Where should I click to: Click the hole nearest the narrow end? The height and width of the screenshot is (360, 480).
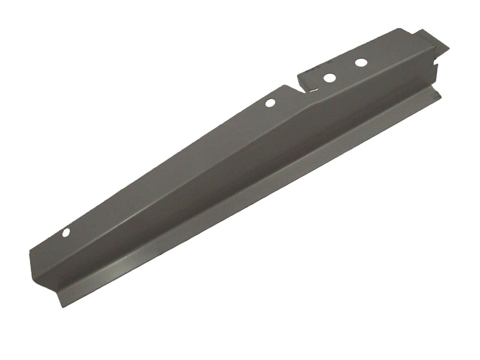[x=66, y=233]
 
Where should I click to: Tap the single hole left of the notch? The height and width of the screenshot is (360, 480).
[x=270, y=103]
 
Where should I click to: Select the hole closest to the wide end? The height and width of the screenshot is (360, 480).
[x=361, y=62]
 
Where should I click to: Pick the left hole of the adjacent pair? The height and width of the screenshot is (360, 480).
[x=330, y=78]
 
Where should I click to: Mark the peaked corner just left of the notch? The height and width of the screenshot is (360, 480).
[x=283, y=86]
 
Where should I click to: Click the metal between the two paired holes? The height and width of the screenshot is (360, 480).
[x=345, y=70]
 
